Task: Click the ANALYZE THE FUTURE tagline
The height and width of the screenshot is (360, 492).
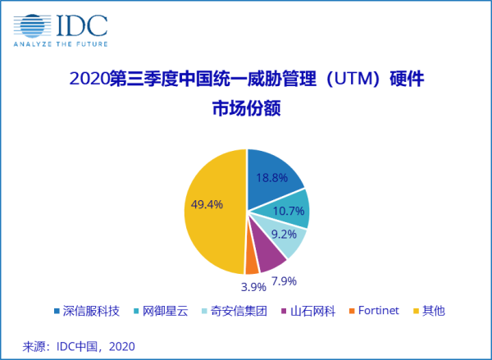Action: click(60, 43)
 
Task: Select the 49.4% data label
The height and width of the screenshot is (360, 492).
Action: click(205, 205)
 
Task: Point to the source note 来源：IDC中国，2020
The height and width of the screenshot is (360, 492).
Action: click(79, 346)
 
